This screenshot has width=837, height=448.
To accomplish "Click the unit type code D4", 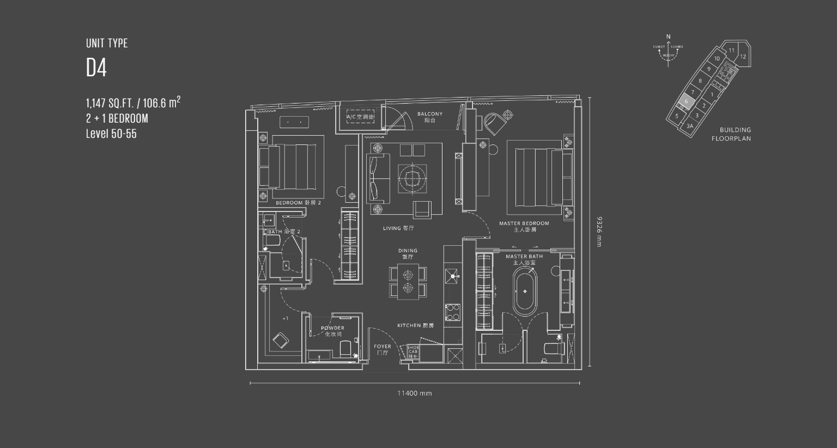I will [96, 68].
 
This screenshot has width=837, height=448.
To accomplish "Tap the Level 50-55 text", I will [111, 134].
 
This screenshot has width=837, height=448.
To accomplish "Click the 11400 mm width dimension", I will [414, 393].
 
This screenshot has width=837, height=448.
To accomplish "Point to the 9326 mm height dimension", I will [598, 232].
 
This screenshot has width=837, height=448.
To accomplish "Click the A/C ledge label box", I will [360, 117].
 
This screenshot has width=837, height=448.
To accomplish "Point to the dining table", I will [408, 281].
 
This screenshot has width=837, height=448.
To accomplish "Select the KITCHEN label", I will [415, 325].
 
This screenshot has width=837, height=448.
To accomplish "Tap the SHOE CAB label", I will [413, 352].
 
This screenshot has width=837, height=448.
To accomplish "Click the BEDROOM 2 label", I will [298, 203].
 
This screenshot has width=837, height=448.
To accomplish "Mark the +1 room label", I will [285, 318].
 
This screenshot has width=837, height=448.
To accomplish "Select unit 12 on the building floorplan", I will [743, 56].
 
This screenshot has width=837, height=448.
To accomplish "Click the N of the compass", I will [669, 37].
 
